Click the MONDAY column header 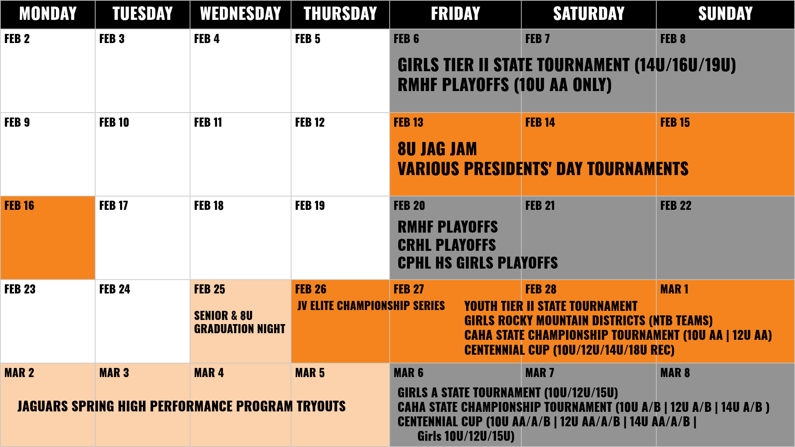pos(48,14)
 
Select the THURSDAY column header pos(340,14)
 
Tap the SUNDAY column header pos(725,14)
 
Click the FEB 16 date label pos(19,206)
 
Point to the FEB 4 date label pos(207,39)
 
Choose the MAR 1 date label pos(674,289)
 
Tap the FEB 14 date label pos(540,123)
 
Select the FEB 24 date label pos(115,289)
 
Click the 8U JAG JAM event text pos(437,149)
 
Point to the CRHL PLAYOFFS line pos(447,245)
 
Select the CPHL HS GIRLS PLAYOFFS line pos(478,263)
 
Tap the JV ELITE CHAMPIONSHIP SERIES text pos(371,305)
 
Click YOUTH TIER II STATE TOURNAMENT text pos(551,306)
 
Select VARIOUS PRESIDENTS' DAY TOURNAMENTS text pos(543,169)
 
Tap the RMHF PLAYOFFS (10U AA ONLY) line pos(504,85)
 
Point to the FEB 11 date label pos(208,123)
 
